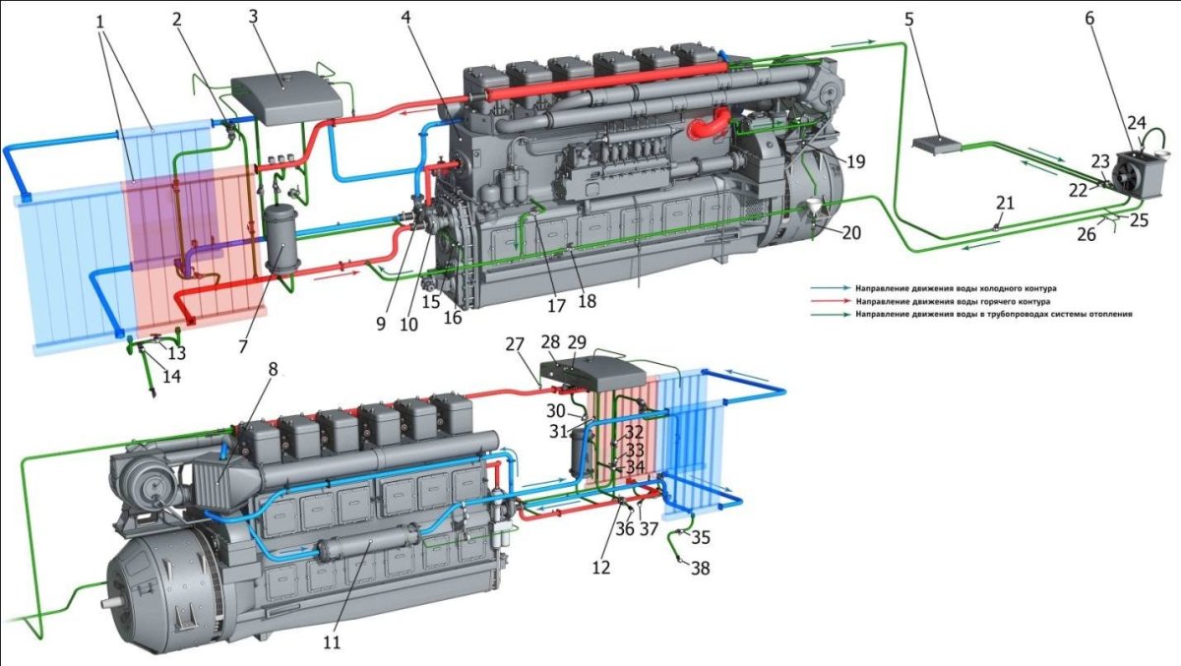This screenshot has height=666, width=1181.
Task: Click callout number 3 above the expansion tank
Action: click(x=253, y=17)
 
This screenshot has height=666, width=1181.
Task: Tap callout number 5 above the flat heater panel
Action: click(x=908, y=20)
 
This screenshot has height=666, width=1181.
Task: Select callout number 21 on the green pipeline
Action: click(x=1006, y=203)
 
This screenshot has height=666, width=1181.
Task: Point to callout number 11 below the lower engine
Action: click(x=333, y=642)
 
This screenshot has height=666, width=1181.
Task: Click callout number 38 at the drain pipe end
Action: click(x=700, y=568)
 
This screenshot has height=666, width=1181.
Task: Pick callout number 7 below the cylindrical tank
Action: click(x=242, y=346)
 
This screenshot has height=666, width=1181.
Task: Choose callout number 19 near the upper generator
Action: click(x=855, y=161)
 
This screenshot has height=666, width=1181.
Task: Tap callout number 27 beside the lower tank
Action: click(x=515, y=344)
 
